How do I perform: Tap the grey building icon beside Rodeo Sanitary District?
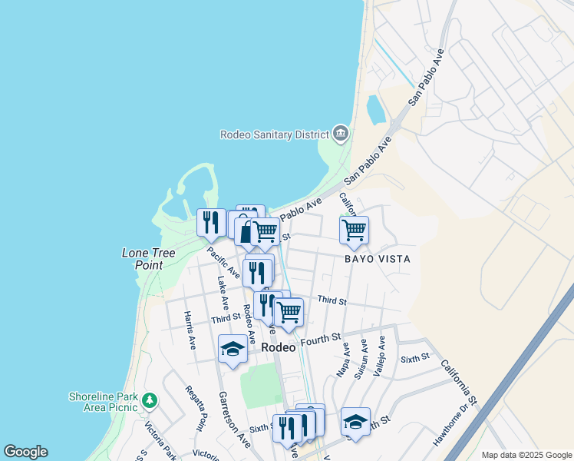[341, 134]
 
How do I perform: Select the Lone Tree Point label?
[143, 258]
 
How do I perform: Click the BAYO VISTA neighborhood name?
[377, 259]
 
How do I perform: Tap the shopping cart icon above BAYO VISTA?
[354, 229]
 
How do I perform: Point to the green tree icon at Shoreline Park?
[150, 400]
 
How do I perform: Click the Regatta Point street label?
[196, 409]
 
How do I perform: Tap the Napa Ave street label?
[343, 360]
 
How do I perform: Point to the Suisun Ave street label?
[361, 360]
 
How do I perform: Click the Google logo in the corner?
[25, 452]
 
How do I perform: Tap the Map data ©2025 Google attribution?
[526, 455]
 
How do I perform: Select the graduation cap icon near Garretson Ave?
[233, 350]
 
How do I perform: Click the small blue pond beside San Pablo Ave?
[377, 110]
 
